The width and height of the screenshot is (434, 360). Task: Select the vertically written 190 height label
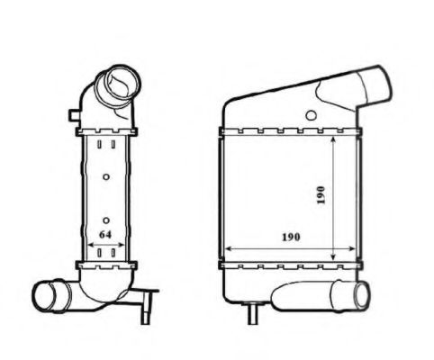[x=320, y=193]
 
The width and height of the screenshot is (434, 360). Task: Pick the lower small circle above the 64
[x=106, y=220]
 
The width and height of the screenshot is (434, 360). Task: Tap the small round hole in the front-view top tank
[x=312, y=115]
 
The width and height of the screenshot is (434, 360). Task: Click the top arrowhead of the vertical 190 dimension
[x=335, y=144]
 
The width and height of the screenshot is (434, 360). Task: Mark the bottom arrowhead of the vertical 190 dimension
[x=335, y=258]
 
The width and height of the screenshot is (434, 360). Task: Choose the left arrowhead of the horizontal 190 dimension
[x=225, y=247]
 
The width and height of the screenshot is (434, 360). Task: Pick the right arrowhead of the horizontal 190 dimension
[x=353, y=247]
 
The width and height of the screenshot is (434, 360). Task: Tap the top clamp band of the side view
[x=106, y=135]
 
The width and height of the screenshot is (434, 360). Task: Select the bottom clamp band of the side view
[x=106, y=264]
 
